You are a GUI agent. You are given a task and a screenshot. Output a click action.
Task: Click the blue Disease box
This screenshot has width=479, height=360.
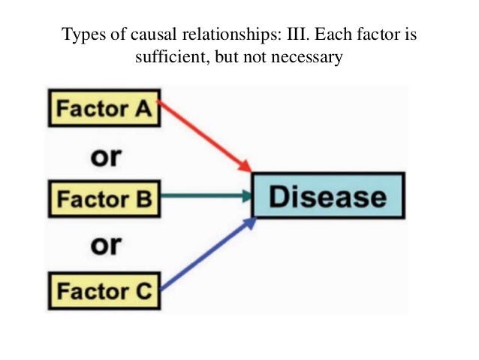328,197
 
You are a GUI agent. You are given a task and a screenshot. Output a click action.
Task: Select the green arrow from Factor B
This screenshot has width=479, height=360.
204,198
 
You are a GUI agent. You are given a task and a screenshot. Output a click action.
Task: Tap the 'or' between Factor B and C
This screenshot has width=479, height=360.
107,244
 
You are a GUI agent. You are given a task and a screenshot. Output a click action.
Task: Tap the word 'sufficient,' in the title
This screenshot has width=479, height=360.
167,56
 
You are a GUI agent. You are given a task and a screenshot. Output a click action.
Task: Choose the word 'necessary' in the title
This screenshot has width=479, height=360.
307,56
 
